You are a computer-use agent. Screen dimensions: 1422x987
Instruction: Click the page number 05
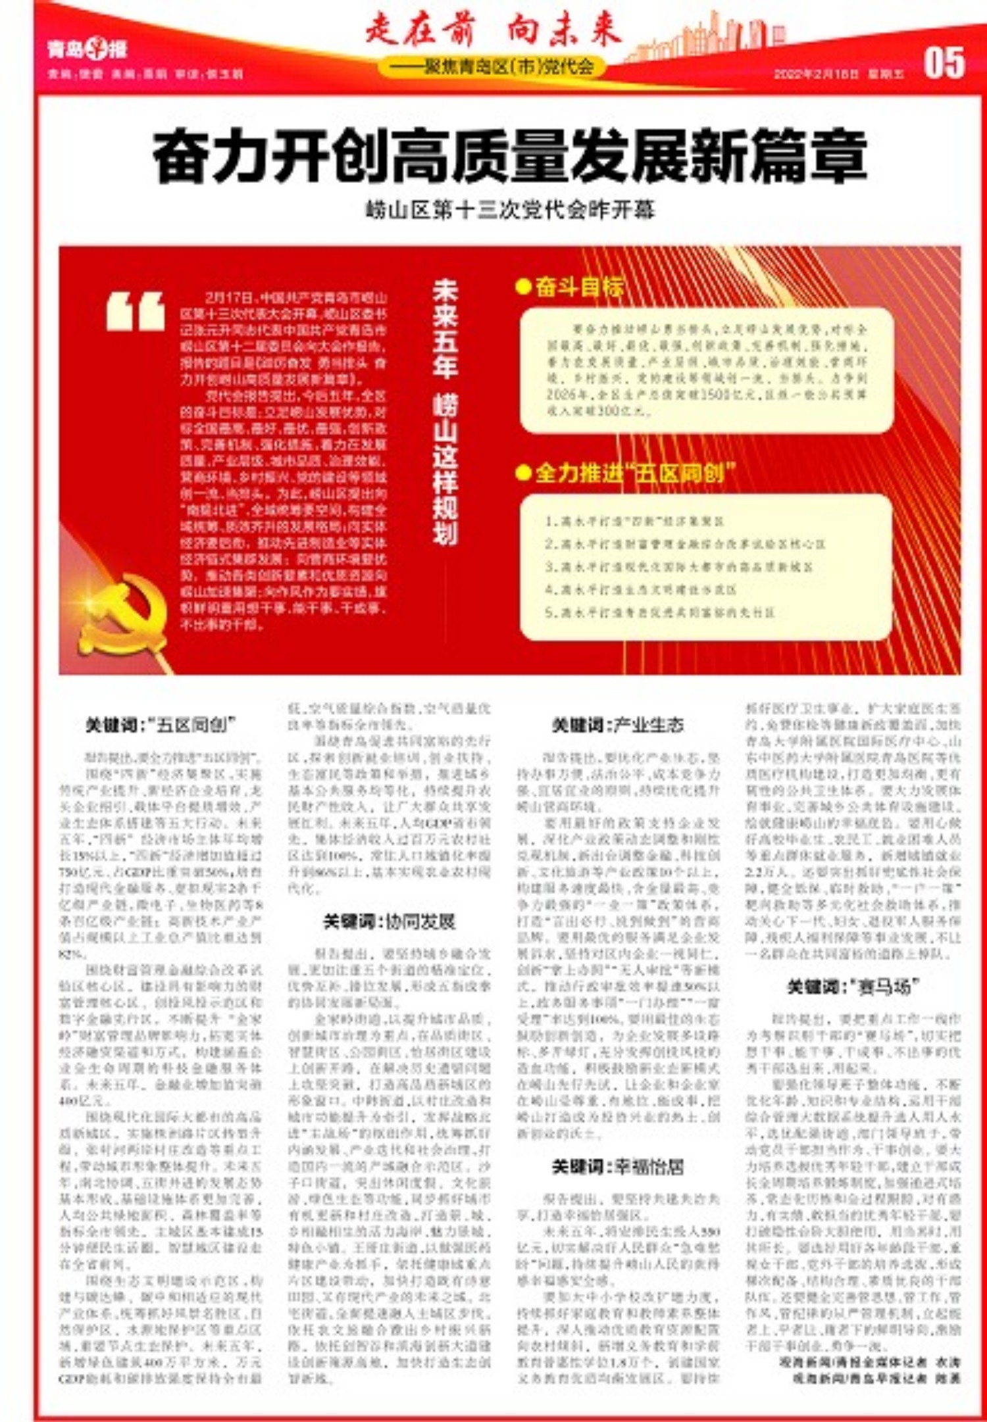click(944, 63)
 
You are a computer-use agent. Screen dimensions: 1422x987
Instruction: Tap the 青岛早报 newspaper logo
click(87, 49)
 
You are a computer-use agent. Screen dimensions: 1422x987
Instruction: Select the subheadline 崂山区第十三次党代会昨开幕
click(510, 210)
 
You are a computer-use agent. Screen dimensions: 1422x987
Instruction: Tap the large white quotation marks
click(136, 312)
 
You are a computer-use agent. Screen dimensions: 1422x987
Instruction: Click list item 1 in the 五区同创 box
click(635, 522)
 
